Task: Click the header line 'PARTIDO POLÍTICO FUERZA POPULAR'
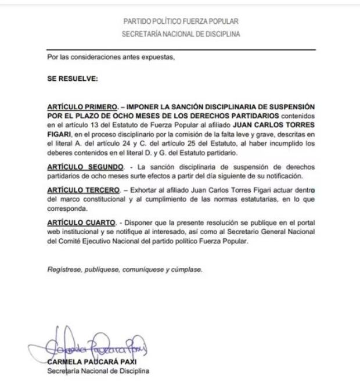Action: (181, 21)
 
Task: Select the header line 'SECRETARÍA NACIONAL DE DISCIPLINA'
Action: (181, 34)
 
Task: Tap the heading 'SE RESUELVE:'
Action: (64, 77)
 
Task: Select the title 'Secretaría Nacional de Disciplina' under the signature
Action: (98, 371)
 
